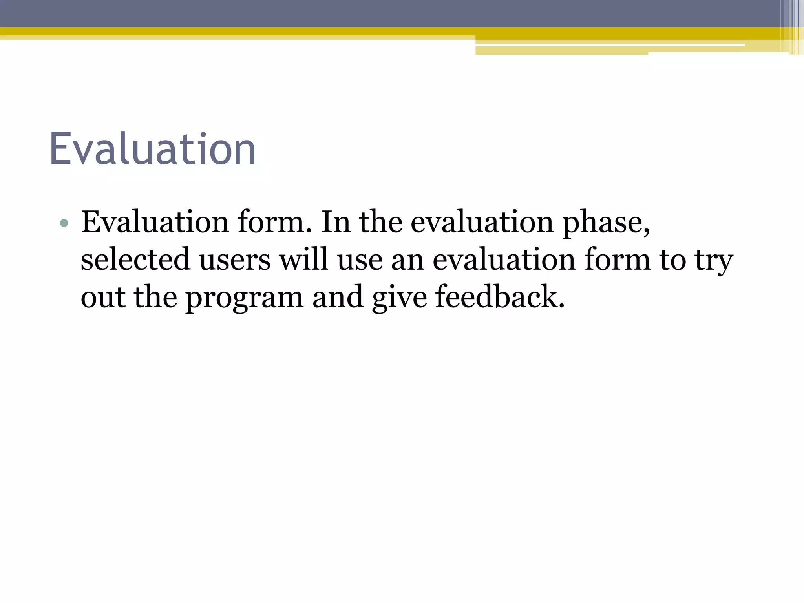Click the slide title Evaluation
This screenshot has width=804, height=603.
point(152,150)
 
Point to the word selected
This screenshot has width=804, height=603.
point(135,259)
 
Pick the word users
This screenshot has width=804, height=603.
point(235,260)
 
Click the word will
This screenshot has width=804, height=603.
point(303,259)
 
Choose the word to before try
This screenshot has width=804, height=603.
point(672,260)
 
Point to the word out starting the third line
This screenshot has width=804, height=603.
point(103,298)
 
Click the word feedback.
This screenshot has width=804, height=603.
point(500,297)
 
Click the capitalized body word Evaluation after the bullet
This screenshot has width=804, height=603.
point(155,222)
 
